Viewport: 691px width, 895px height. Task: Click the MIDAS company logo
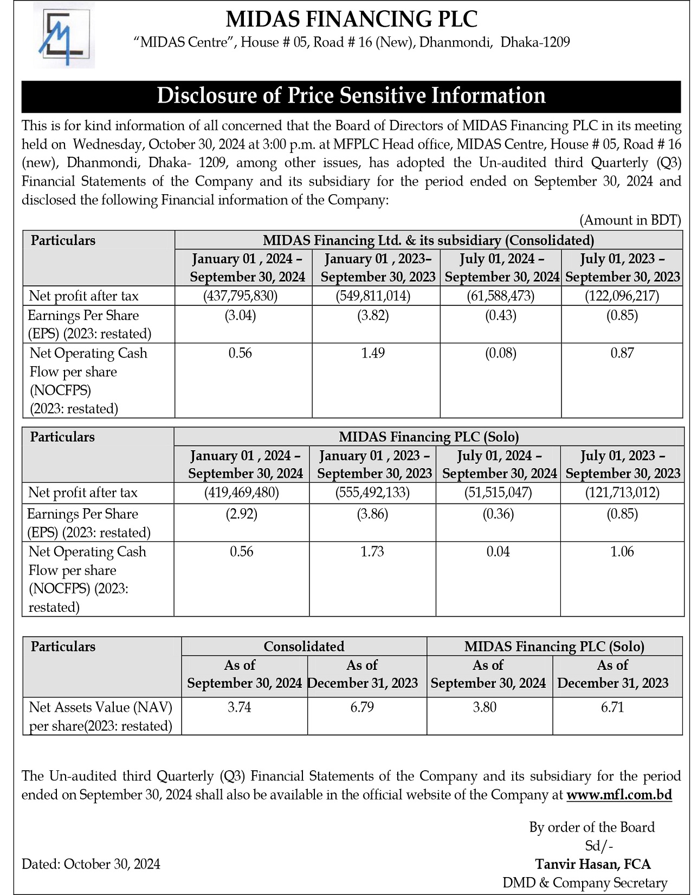click(x=64, y=36)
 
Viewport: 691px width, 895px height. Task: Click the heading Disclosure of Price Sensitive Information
click(x=351, y=96)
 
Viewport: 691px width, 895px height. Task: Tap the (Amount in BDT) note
click(x=630, y=220)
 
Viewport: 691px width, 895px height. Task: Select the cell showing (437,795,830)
click(x=240, y=296)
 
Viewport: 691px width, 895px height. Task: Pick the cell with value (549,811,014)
click(x=373, y=296)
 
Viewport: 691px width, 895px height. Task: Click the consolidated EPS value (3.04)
click(x=240, y=315)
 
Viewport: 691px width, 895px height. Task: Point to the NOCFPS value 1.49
click(x=373, y=353)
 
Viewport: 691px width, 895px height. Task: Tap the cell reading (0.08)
click(x=500, y=353)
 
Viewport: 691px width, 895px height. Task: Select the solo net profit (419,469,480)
click(x=241, y=493)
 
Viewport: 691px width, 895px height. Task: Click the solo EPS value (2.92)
click(x=241, y=514)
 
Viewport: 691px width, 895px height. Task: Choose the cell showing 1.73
click(x=372, y=552)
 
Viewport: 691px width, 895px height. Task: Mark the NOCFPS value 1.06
click(x=622, y=552)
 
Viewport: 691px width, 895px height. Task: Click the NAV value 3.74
click(x=240, y=707)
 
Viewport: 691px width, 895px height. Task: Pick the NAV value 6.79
click(x=362, y=707)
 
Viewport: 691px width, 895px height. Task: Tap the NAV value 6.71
click(x=612, y=707)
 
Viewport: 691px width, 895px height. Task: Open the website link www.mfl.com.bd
click(x=619, y=795)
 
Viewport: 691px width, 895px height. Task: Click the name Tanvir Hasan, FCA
click(x=593, y=864)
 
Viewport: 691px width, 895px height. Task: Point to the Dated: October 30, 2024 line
click(x=91, y=864)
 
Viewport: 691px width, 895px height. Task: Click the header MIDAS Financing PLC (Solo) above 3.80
click(x=554, y=647)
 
